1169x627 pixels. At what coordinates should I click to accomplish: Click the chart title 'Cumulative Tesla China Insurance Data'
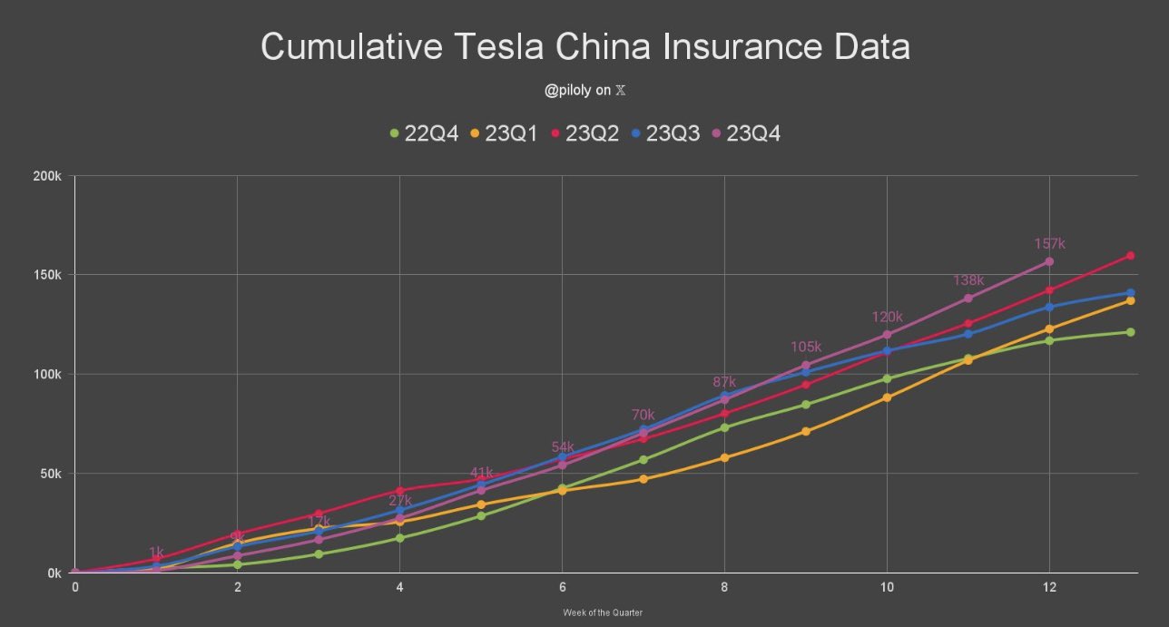[x=584, y=47]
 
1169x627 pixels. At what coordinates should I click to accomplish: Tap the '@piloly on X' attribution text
[x=584, y=91]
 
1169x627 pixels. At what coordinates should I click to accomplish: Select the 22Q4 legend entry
[x=423, y=133]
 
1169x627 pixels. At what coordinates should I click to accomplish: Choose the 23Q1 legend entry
[x=504, y=133]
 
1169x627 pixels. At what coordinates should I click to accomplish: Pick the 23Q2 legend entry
[x=584, y=133]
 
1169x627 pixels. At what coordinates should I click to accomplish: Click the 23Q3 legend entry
[x=664, y=133]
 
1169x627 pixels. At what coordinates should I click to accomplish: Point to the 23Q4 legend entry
[x=745, y=133]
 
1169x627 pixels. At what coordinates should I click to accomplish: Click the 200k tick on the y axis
[x=47, y=176]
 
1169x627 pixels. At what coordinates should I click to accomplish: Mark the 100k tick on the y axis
[x=47, y=375]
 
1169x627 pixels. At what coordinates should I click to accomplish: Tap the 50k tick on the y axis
[x=50, y=474]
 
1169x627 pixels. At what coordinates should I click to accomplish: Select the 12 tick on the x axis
[x=1049, y=588]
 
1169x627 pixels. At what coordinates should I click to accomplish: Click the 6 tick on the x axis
[x=562, y=588]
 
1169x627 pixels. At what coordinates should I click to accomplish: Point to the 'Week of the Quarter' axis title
[x=603, y=612]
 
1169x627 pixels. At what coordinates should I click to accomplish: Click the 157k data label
[x=1049, y=244]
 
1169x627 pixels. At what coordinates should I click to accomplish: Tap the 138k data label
[x=968, y=280]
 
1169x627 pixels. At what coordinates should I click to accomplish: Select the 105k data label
[x=805, y=348]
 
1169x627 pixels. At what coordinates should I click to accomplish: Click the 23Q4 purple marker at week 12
[x=1049, y=261]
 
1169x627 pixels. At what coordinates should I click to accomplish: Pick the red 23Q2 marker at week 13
[x=1130, y=256]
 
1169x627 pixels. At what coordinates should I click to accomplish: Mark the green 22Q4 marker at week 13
[x=1130, y=332]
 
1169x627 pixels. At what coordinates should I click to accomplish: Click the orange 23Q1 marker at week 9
[x=806, y=431]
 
